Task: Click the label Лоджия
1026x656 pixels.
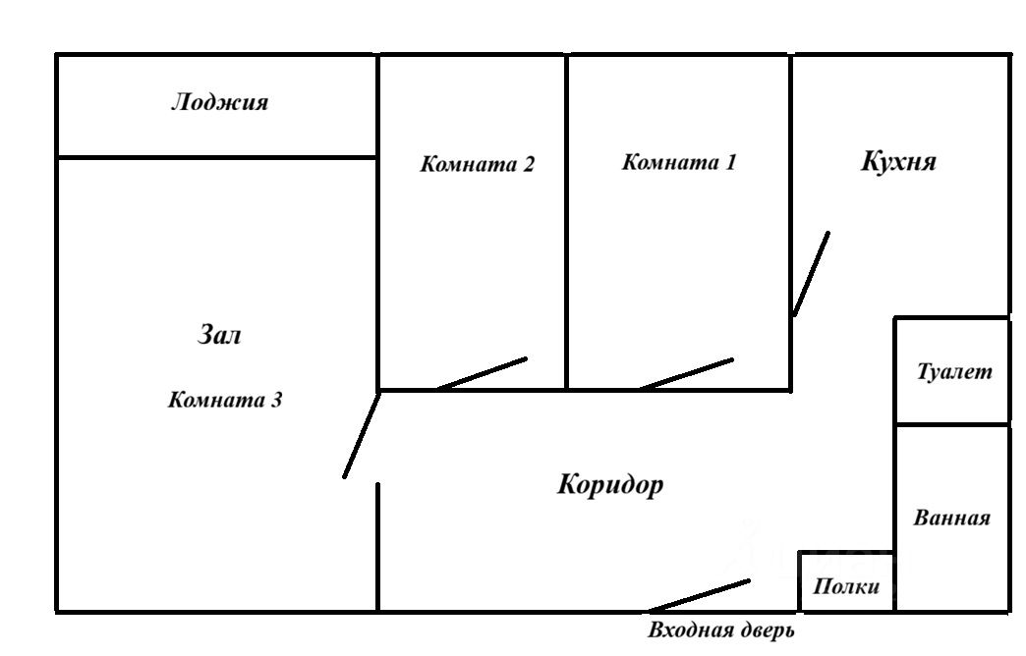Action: click(219, 102)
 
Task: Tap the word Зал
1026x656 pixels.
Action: click(219, 335)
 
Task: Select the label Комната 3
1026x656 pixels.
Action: click(226, 400)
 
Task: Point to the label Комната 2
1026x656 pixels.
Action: click(478, 164)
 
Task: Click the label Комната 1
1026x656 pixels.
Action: click(678, 162)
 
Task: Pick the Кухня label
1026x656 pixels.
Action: click(898, 161)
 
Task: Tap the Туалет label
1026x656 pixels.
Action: click(954, 372)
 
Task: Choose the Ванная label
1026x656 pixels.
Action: click(951, 518)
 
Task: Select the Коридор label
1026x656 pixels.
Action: click(610, 484)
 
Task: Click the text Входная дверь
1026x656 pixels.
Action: click(720, 630)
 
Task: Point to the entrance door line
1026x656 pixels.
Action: click(699, 596)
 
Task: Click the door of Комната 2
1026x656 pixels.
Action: click(482, 373)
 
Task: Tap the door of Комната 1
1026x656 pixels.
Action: click(686, 374)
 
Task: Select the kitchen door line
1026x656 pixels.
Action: click(811, 274)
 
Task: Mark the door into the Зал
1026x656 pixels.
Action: click(361, 435)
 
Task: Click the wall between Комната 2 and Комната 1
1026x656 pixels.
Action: click(567, 221)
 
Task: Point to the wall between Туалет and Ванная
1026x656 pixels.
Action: click(951, 424)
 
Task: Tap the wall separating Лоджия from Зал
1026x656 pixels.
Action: click(216, 157)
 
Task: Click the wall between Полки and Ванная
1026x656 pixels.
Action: click(894, 581)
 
